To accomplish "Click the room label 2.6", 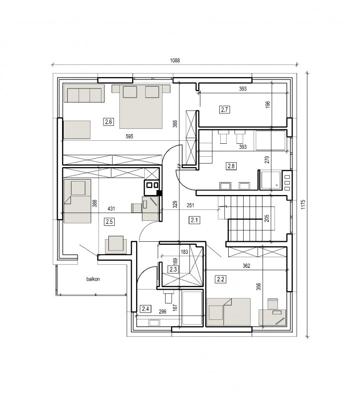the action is (108, 122).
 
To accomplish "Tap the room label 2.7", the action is (225, 110).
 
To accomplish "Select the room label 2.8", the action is (231, 166).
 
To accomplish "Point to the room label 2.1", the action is (194, 220).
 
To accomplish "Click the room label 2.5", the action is (109, 222).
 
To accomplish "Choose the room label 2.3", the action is (173, 269).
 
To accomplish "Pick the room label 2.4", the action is (146, 309).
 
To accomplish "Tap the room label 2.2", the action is (221, 280).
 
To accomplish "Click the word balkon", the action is (93, 279).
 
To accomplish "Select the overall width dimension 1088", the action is (175, 60).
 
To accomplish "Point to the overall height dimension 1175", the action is (303, 204).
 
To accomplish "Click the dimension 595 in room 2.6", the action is (129, 136).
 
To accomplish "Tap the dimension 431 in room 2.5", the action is (111, 208).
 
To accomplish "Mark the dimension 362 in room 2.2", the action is (246, 266).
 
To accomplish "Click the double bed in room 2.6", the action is (141, 106).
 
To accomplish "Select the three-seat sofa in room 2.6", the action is (84, 94).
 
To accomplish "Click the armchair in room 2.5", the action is (116, 244).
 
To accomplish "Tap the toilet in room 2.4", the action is (169, 296).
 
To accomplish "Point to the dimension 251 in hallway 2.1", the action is (190, 205).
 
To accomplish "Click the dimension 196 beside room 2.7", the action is (268, 104).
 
